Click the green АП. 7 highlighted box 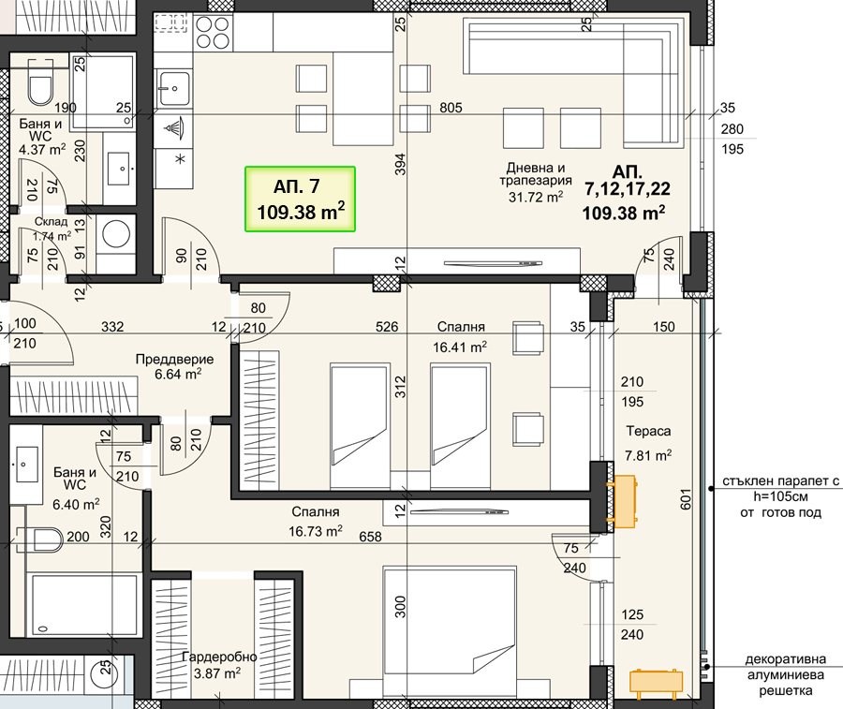pos(300,199)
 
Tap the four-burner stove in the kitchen pos(213,32)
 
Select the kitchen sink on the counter pos(173,89)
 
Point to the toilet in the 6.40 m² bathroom pos(39,539)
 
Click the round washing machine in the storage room pos(116,235)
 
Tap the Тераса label pos(648,431)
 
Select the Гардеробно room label pos(219,657)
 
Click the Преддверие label pos(175,359)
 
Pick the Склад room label pos(52,221)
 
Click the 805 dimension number pos(451,108)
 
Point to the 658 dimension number pos(370,537)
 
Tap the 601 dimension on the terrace pos(686,499)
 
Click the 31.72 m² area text pos(536,198)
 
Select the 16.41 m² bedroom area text pos(460,347)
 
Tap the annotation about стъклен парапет pos(780,496)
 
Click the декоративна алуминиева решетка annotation pos(786,674)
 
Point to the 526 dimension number pos(387,327)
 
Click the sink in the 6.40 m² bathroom pos(26,465)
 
